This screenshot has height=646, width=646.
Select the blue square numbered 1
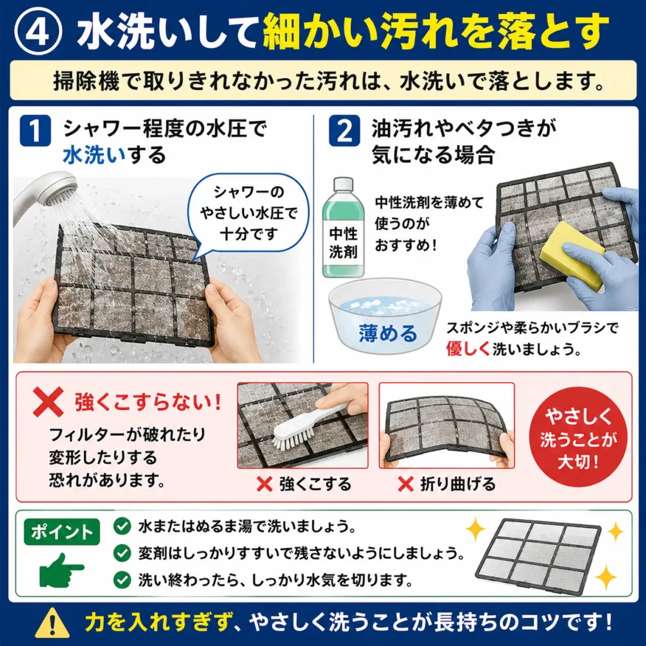[35, 130]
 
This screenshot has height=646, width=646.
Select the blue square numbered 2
[344, 130]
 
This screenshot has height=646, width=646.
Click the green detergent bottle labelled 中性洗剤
[343, 227]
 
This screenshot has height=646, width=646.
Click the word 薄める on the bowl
[388, 333]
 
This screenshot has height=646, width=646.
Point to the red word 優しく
[468, 349]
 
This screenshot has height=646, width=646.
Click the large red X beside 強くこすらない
[48, 402]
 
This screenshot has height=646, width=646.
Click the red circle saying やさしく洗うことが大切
[578, 437]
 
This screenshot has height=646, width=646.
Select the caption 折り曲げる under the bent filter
[458, 484]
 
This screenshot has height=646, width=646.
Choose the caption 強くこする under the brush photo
[315, 484]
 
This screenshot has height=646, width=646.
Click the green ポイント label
[62, 532]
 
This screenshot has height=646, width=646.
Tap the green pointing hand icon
[62, 570]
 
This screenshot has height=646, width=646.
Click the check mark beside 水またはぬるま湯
[122, 526]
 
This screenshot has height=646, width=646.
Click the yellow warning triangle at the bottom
[52, 623]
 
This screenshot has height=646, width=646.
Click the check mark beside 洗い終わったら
[122, 580]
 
